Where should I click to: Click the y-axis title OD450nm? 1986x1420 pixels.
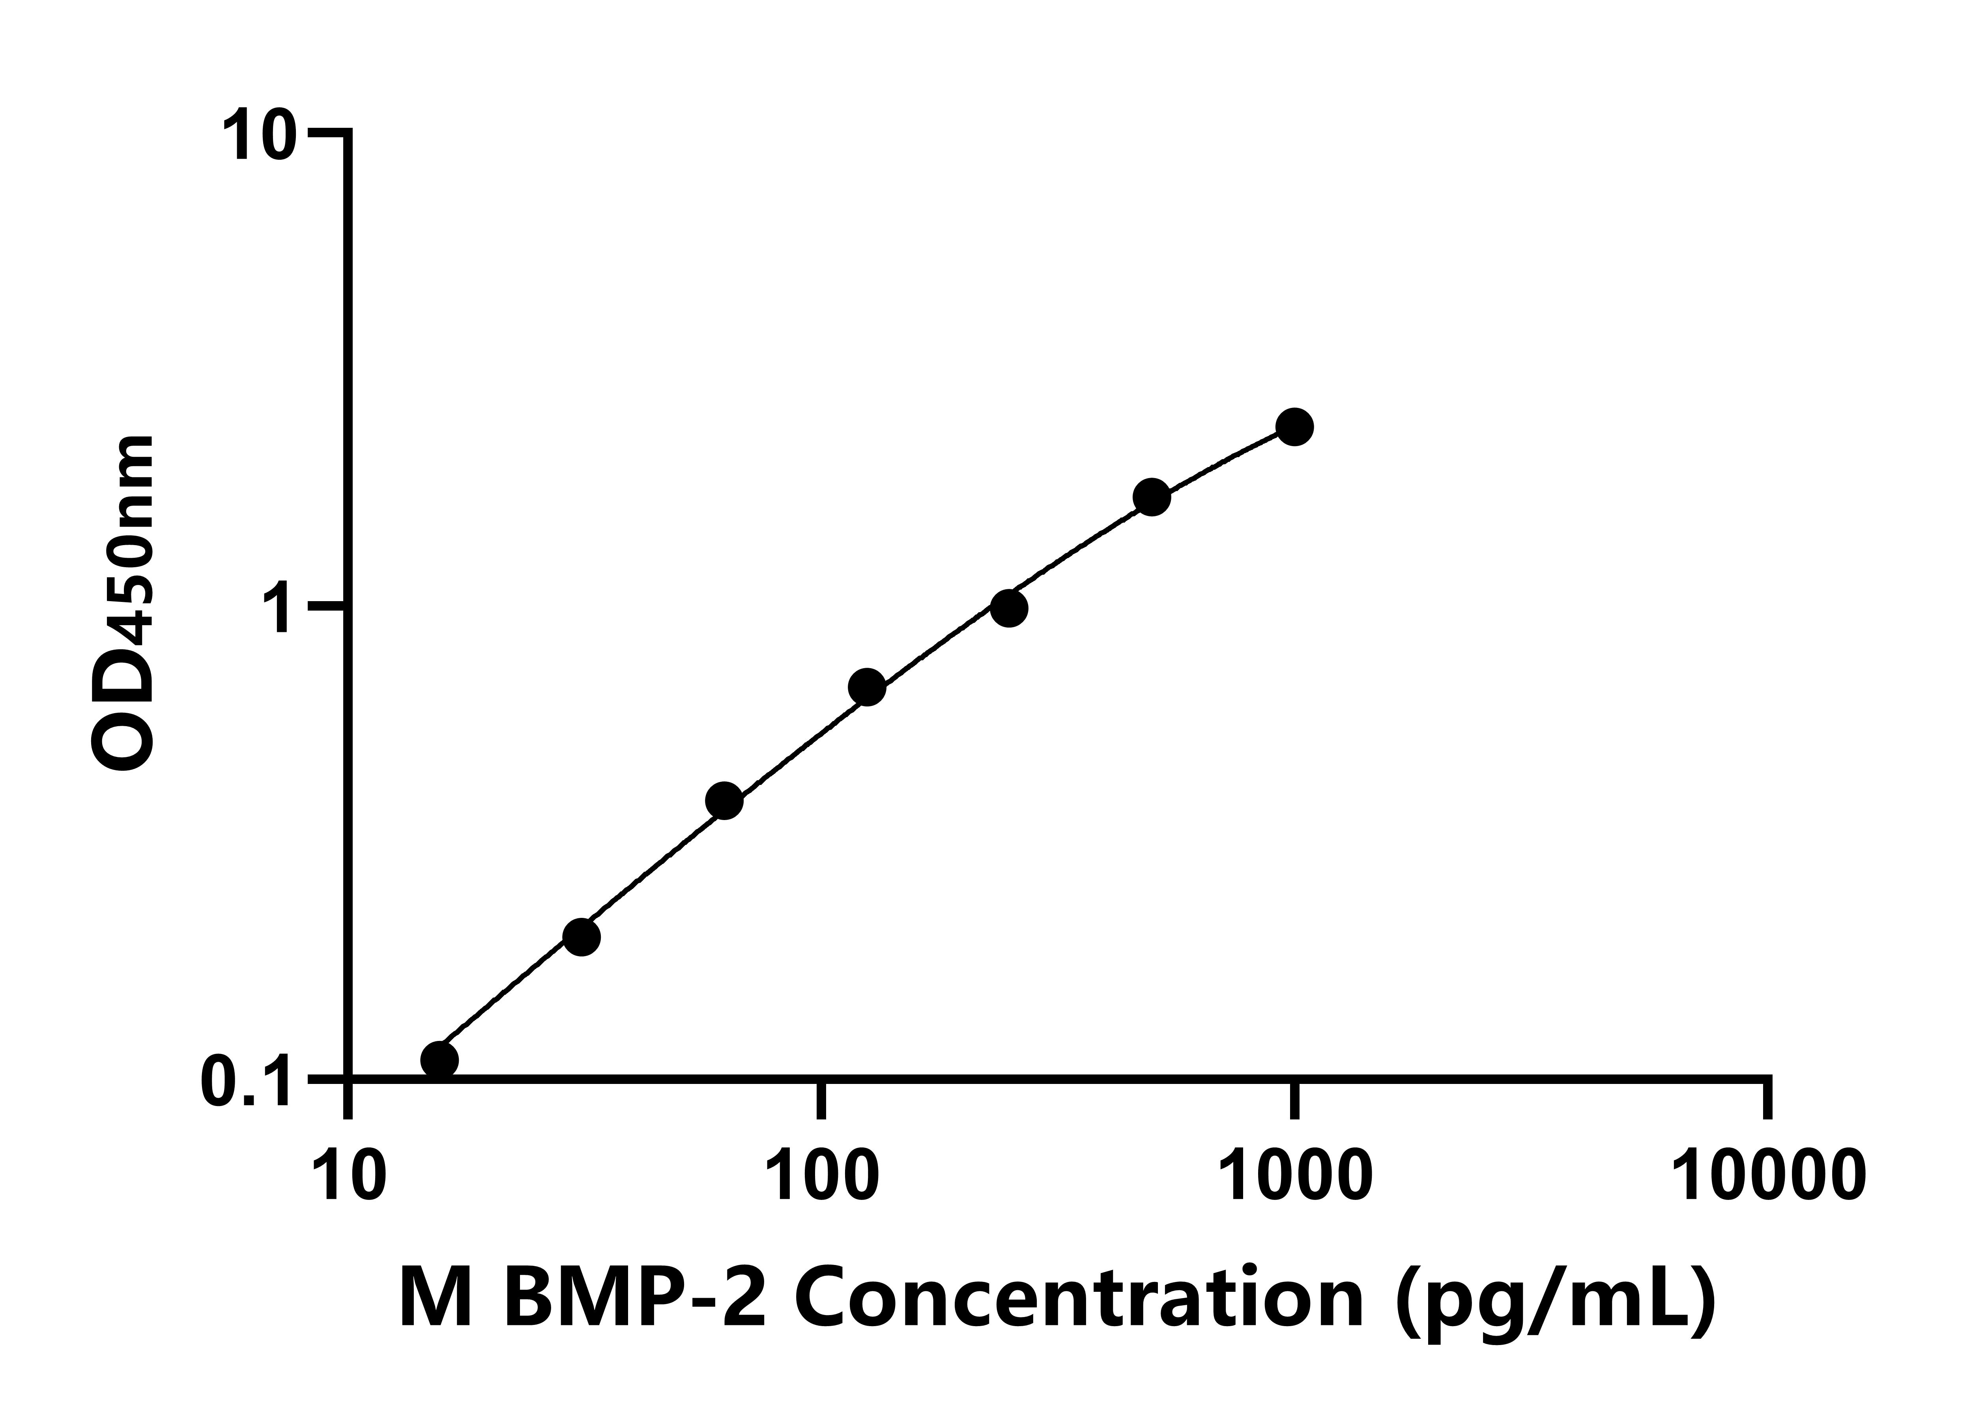coord(122,603)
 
